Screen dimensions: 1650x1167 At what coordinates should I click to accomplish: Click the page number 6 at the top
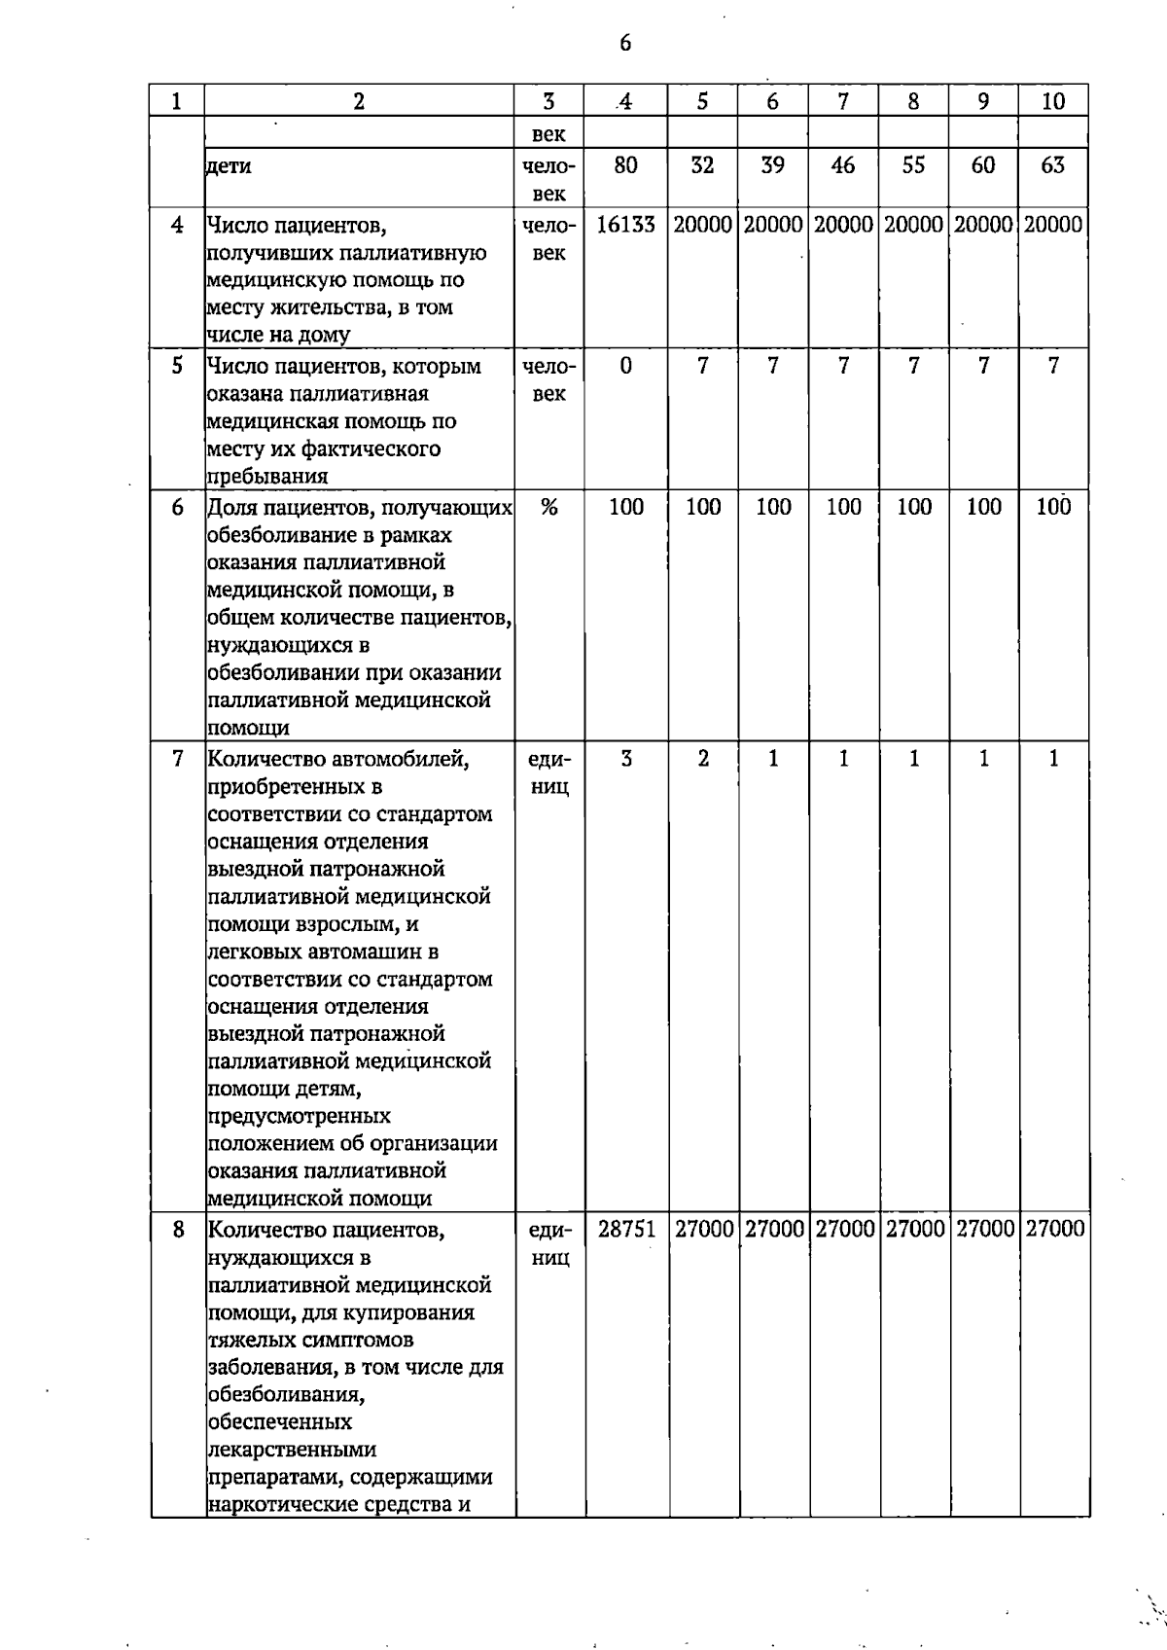624,43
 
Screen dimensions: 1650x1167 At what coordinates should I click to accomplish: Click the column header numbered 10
1053,101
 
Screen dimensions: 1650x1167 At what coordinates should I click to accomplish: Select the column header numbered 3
548,101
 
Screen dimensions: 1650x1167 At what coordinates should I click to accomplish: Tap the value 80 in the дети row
625,165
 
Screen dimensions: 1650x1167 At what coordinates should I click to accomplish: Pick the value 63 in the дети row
1053,165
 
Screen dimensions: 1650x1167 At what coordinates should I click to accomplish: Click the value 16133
625,225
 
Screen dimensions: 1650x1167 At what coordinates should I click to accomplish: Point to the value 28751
626,1229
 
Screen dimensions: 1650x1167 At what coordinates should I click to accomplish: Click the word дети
230,166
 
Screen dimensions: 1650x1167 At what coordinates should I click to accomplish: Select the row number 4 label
177,225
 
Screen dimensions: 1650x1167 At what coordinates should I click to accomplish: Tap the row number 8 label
178,1229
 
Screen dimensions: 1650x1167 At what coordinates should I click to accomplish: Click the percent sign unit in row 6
548,507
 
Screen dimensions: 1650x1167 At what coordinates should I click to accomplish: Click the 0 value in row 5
625,366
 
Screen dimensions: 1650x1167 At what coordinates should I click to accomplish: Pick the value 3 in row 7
625,759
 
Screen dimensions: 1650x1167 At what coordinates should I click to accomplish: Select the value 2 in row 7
702,759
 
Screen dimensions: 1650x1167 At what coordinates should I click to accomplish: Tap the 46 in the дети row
843,165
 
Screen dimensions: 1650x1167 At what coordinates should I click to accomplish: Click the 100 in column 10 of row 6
1053,507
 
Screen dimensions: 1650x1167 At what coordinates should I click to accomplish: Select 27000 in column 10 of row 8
1054,1229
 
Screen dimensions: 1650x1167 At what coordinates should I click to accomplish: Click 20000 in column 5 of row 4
702,225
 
